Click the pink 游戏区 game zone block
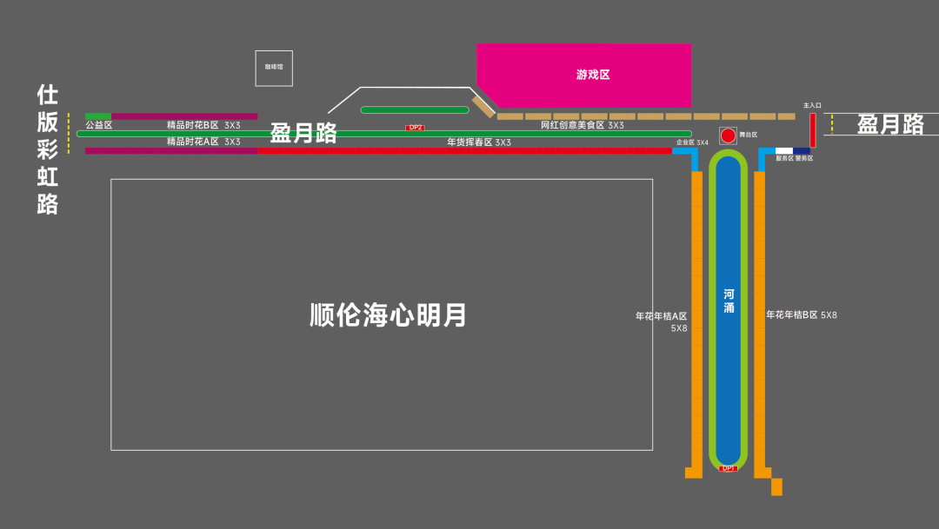pyautogui.click(x=591, y=75)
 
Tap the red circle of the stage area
pyautogui.click(x=728, y=136)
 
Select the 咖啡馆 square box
pyautogui.click(x=274, y=68)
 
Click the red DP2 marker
pyautogui.click(x=416, y=128)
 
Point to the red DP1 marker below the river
pyautogui.click(x=729, y=468)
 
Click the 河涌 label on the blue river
pyautogui.click(x=729, y=301)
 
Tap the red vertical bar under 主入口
pyautogui.click(x=813, y=130)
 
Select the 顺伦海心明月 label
pyautogui.click(x=388, y=314)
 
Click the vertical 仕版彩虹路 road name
pyautogui.click(x=47, y=149)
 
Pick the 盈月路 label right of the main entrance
pyautogui.click(x=890, y=124)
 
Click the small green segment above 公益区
pyautogui.click(x=98, y=116)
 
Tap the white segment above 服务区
pyautogui.click(x=784, y=151)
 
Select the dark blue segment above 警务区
pyautogui.click(x=802, y=151)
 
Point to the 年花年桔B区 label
pyautogui.click(x=792, y=314)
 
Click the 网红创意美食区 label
pyautogui.click(x=572, y=125)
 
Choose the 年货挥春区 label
pyautogui.click(x=469, y=142)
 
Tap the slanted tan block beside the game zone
pyautogui.click(x=483, y=107)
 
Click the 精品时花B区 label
pyautogui.click(x=193, y=125)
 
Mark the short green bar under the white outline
pyautogui.click(x=415, y=110)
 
